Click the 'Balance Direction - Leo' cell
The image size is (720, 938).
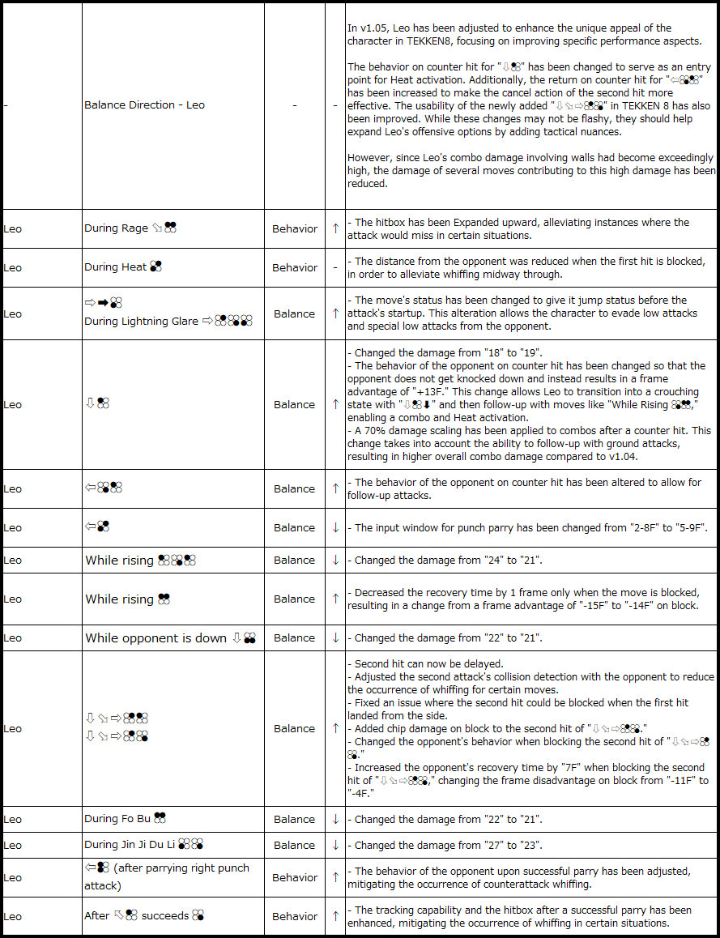coord(144,105)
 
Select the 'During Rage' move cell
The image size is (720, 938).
coord(130,228)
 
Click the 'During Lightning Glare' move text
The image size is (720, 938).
coord(141,322)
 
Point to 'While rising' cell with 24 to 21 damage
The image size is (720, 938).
coord(140,560)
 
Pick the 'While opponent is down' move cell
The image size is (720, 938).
coord(170,637)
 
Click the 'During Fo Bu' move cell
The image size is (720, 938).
coord(126,819)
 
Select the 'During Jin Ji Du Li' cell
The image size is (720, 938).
coord(143,845)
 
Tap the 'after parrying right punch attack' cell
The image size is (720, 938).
coord(167,876)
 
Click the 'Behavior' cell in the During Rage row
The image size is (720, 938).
coord(295,228)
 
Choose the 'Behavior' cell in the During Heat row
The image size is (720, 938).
coord(295,267)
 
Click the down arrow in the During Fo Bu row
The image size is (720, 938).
coord(335,819)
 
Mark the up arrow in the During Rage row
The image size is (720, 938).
coord(335,228)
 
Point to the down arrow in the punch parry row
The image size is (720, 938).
coord(335,527)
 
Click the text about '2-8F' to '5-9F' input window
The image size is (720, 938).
coord(531,527)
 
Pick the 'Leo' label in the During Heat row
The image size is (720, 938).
coord(13,267)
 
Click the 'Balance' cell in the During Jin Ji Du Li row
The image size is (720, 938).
coord(295,845)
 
